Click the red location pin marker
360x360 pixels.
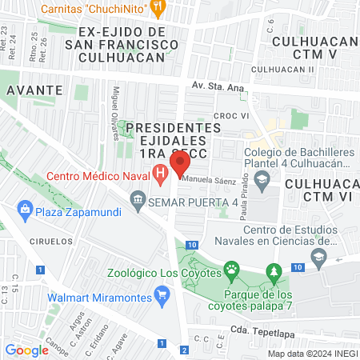180,162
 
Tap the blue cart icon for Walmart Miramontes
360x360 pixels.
163,294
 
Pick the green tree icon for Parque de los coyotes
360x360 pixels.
274,272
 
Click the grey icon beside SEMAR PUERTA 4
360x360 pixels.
138,198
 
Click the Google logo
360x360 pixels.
26,350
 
